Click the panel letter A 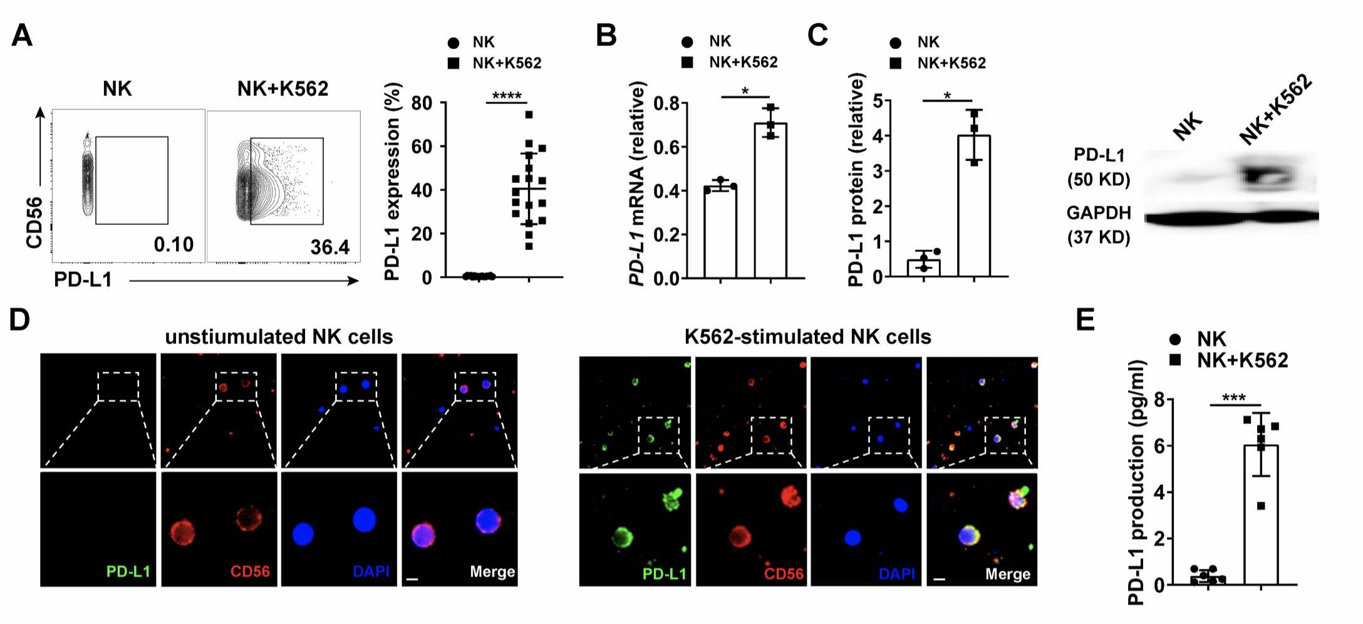pos(22,36)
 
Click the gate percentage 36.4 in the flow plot pos(329,247)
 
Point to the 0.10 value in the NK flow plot pos(174,244)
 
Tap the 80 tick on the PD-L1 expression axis pos(422,103)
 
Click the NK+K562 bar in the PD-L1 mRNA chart pos(770,200)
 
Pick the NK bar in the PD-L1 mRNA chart pos(720,232)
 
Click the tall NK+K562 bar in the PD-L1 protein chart pos(974,207)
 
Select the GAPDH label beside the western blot pos(1099,213)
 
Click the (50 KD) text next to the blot pos(1099,180)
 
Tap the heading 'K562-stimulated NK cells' pos(807,337)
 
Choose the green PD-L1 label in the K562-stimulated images pos(664,574)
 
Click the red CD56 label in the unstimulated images pos(250,571)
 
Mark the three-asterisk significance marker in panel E pos(1233,398)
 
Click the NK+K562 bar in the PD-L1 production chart pos(1261,514)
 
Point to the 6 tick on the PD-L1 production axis pos(1159,446)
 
